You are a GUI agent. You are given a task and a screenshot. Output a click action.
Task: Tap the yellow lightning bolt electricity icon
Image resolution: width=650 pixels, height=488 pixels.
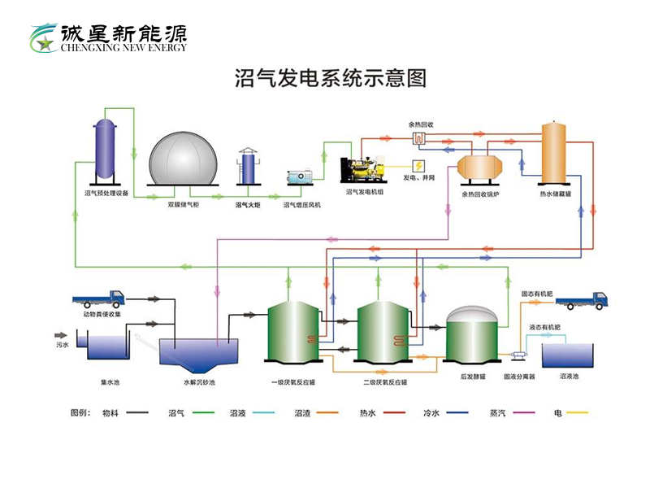tap(418, 166)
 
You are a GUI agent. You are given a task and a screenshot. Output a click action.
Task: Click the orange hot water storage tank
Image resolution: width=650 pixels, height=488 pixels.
tap(555, 152)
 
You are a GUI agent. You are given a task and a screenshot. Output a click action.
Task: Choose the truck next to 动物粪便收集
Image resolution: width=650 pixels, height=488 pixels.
tap(103, 298)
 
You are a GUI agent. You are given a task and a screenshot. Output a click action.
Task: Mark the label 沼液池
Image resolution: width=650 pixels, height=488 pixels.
tap(569, 377)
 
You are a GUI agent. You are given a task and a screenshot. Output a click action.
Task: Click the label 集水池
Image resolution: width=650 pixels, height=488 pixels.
tap(110, 381)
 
